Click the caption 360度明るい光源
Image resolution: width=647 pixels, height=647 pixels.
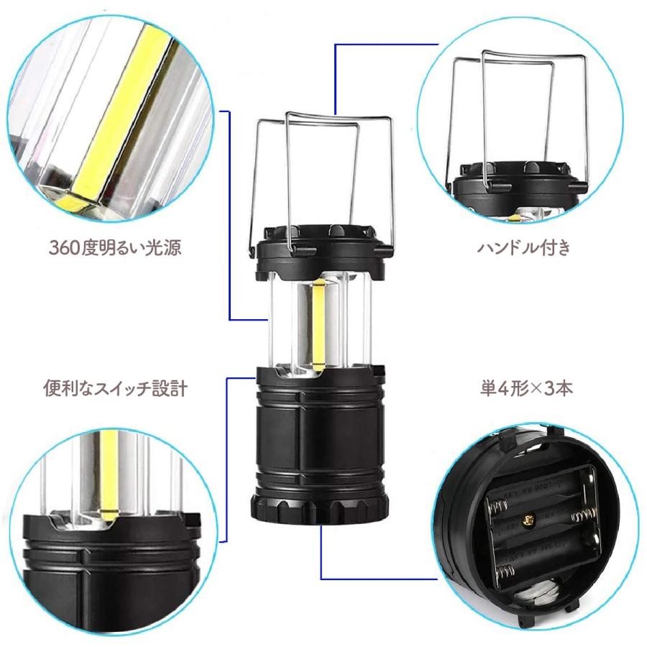(115, 248)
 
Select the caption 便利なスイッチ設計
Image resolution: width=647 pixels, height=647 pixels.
(115, 389)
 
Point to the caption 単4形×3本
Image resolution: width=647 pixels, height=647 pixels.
(526, 389)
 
